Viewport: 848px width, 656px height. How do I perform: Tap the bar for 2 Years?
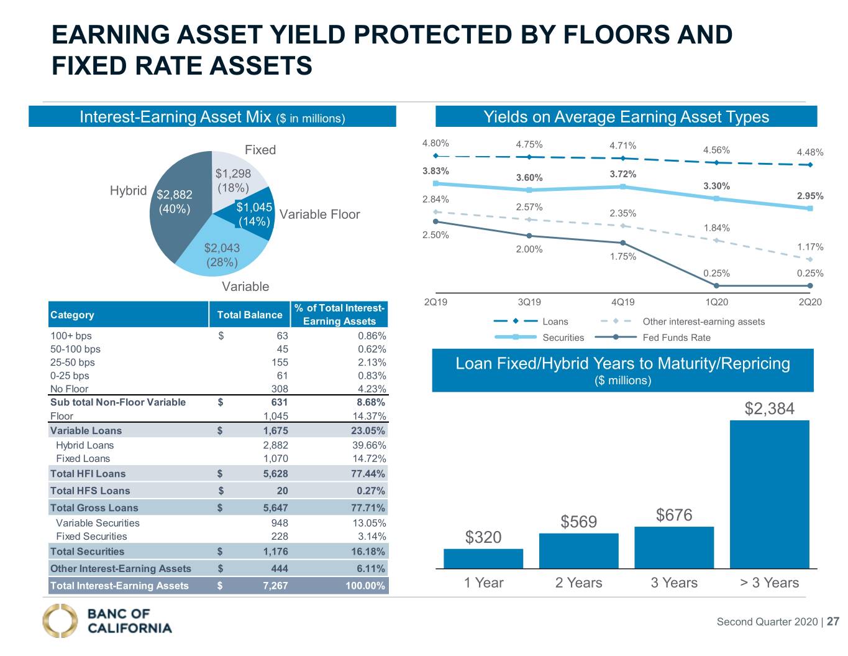579,550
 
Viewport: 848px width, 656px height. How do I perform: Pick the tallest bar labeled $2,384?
770,494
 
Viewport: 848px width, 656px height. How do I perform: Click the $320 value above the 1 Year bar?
483,537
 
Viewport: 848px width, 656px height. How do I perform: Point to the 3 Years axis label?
674,583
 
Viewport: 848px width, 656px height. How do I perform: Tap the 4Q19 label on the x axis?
623,302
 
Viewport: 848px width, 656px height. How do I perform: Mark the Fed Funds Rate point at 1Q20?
716,286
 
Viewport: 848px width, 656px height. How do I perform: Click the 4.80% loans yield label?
435,143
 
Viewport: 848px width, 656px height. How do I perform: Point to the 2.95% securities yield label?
810,196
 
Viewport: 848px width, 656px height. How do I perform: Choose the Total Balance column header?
250,315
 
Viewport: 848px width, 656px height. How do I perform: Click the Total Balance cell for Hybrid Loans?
275,445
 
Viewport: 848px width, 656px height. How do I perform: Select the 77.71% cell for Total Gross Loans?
368,507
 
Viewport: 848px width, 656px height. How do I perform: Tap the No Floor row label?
69,389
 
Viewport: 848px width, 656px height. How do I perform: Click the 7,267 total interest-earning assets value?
275,586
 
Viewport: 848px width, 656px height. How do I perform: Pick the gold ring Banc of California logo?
60,621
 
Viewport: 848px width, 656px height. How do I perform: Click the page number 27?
833,622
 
